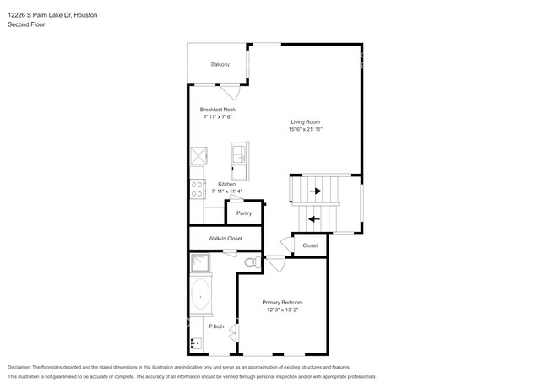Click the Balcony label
(220, 64)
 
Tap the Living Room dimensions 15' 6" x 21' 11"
(305, 129)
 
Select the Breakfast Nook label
(218, 110)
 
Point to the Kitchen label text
(227, 184)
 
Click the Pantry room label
(244, 213)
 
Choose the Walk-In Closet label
(226, 239)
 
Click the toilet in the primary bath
(253, 261)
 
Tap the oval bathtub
(201, 294)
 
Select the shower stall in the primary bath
(200, 263)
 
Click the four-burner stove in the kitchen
(198, 189)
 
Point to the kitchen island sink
(241, 154)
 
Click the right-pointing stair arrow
(316, 191)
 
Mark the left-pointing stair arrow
(314, 219)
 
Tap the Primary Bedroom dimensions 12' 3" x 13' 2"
(283, 310)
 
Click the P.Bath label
(216, 326)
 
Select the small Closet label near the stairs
(310, 245)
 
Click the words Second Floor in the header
(26, 24)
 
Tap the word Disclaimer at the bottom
(19, 368)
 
